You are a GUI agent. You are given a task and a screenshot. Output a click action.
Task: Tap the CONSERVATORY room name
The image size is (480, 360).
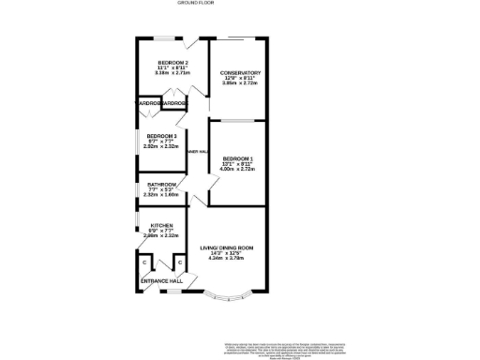[240, 73]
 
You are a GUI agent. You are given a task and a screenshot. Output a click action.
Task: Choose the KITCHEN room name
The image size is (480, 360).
[161, 226]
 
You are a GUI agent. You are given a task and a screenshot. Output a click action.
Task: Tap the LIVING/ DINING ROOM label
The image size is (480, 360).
[227, 247]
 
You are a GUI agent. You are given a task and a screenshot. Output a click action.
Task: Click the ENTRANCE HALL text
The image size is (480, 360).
[161, 281]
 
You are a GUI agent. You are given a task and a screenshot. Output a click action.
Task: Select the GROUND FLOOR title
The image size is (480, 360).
[196, 4]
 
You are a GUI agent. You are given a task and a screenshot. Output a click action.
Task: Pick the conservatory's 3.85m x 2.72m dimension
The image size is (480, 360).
[240, 83]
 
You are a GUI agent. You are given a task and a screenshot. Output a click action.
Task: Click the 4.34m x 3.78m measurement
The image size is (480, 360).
[227, 258]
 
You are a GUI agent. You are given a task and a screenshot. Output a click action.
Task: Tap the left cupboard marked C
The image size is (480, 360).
[144, 262]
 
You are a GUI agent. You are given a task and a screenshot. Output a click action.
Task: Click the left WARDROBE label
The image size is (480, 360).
[149, 103]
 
